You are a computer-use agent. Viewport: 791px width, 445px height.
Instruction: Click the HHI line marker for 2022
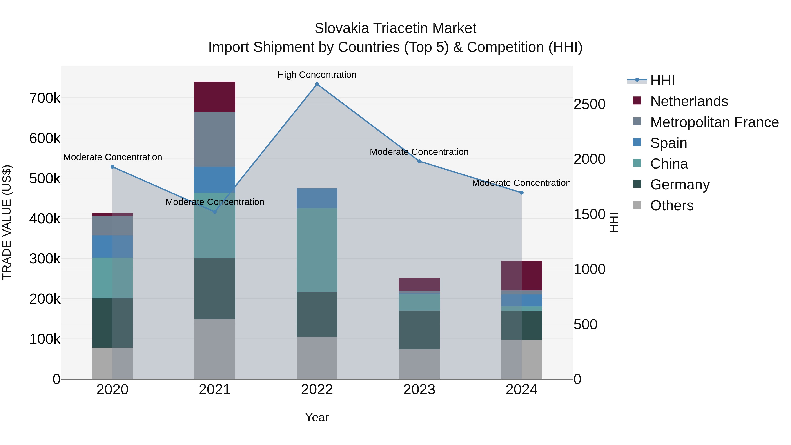point(317,84)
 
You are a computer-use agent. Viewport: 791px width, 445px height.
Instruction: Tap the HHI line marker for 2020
point(112,167)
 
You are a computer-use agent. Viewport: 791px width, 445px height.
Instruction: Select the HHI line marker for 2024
point(521,193)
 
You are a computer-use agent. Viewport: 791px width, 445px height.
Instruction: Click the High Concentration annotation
point(317,75)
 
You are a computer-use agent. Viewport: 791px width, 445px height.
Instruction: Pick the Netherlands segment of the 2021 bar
point(215,97)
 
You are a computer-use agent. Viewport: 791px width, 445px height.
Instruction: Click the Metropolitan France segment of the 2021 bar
point(215,139)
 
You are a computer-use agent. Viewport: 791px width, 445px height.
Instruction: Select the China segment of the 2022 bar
point(317,250)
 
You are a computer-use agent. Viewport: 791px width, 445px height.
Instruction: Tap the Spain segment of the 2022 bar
point(317,198)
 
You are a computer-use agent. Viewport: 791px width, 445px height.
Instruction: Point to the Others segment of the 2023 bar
point(419,364)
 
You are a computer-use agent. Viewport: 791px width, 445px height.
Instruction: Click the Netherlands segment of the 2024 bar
point(521,276)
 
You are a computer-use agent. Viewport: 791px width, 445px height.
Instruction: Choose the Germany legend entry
point(680,185)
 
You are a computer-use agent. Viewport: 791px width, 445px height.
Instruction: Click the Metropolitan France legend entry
point(714,122)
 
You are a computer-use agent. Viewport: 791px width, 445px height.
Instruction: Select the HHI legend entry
point(662,80)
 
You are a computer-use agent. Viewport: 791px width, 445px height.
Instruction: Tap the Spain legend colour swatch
point(637,142)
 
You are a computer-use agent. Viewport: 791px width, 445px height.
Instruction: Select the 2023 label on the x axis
point(419,390)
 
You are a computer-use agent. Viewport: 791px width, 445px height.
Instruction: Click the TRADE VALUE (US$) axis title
point(7,222)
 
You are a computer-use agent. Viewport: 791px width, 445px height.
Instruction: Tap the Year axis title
point(317,417)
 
